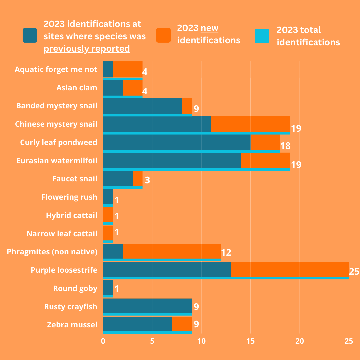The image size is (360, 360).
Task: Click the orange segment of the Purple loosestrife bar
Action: click(x=290, y=269)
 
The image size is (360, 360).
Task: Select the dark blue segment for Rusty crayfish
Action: click(x=147, y=306)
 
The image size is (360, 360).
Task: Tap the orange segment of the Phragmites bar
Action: click(x=172, y=251)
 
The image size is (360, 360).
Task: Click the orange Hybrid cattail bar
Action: click(x=108, y=215)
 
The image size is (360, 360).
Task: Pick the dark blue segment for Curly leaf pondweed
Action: click(x=177, y=142)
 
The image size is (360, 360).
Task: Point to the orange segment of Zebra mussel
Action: click(x=182, y=324)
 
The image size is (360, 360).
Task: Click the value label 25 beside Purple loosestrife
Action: click(x=354, y=271)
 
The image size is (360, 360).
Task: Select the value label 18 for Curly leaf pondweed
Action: click(x=285, y=146)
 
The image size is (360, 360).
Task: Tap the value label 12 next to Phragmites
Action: click(x=226, y=252)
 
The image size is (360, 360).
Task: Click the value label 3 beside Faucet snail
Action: click(x=147, y=180)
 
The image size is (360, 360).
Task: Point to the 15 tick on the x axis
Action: click(x=250, y=341)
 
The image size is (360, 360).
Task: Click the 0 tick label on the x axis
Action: click(x=103, y=341)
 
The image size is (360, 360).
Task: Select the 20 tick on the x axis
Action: click(x=300, y=341)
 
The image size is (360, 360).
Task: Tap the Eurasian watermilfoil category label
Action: click(x=57, y=161)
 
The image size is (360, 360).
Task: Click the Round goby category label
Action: click(x=75, y=288)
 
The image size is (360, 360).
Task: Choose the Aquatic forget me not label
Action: click(x=56, y=69)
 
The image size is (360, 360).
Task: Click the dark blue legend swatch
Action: click(x=30, y=35)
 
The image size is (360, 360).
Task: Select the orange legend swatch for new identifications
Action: click(x=163, y=35)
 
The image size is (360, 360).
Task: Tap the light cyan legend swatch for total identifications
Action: click(x=262, y=36)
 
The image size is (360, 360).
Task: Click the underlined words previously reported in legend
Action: click(x=87, y=49)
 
